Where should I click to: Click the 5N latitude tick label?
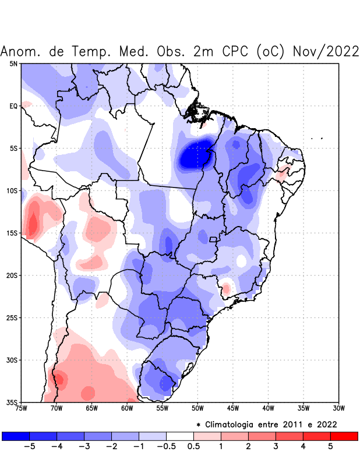pyautogui.click(x=13, y=63)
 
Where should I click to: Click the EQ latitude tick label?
pyautogui.click(x=13, y=106)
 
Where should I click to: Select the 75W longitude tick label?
pyautogui.click(x=21, y=408)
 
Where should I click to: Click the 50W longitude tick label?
pyautogui.click(x=197, y=408)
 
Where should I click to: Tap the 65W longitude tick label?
pyautogui.click(x=91, y=408)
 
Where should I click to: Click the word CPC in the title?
pyautogui.click(x=236, y=51)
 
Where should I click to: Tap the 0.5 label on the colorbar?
pyautogui.click(x=193, y=447)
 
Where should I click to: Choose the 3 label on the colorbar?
pyautogui.click(x=275, y=447)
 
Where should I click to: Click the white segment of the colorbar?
pyautogui.click(x=179, y=436)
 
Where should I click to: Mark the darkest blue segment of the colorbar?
pyautogui.click(x=16, y=436)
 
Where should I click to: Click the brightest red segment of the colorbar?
pyautogui.click(x=344, y=436)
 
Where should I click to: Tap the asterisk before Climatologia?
pyautogui.click(x=199, y=424)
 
